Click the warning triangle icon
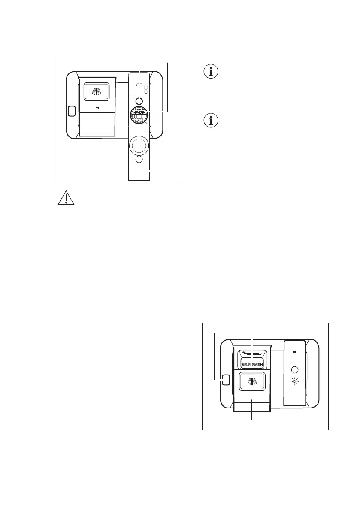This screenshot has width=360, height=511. pos(66,199)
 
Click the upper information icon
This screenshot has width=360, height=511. pos(210,72)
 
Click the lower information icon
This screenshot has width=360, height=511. pos(210,121)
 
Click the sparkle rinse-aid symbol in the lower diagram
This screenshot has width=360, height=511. pos(294,381)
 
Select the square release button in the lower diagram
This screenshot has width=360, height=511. pos(226,379)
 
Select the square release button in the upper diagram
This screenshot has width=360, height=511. pos(72,111)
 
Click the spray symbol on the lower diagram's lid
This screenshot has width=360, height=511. pos(252,381)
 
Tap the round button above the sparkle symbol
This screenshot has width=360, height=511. pos(294,369)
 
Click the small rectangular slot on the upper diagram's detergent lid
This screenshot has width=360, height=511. pos(97,108)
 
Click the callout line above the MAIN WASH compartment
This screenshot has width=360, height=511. pos(252,343)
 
